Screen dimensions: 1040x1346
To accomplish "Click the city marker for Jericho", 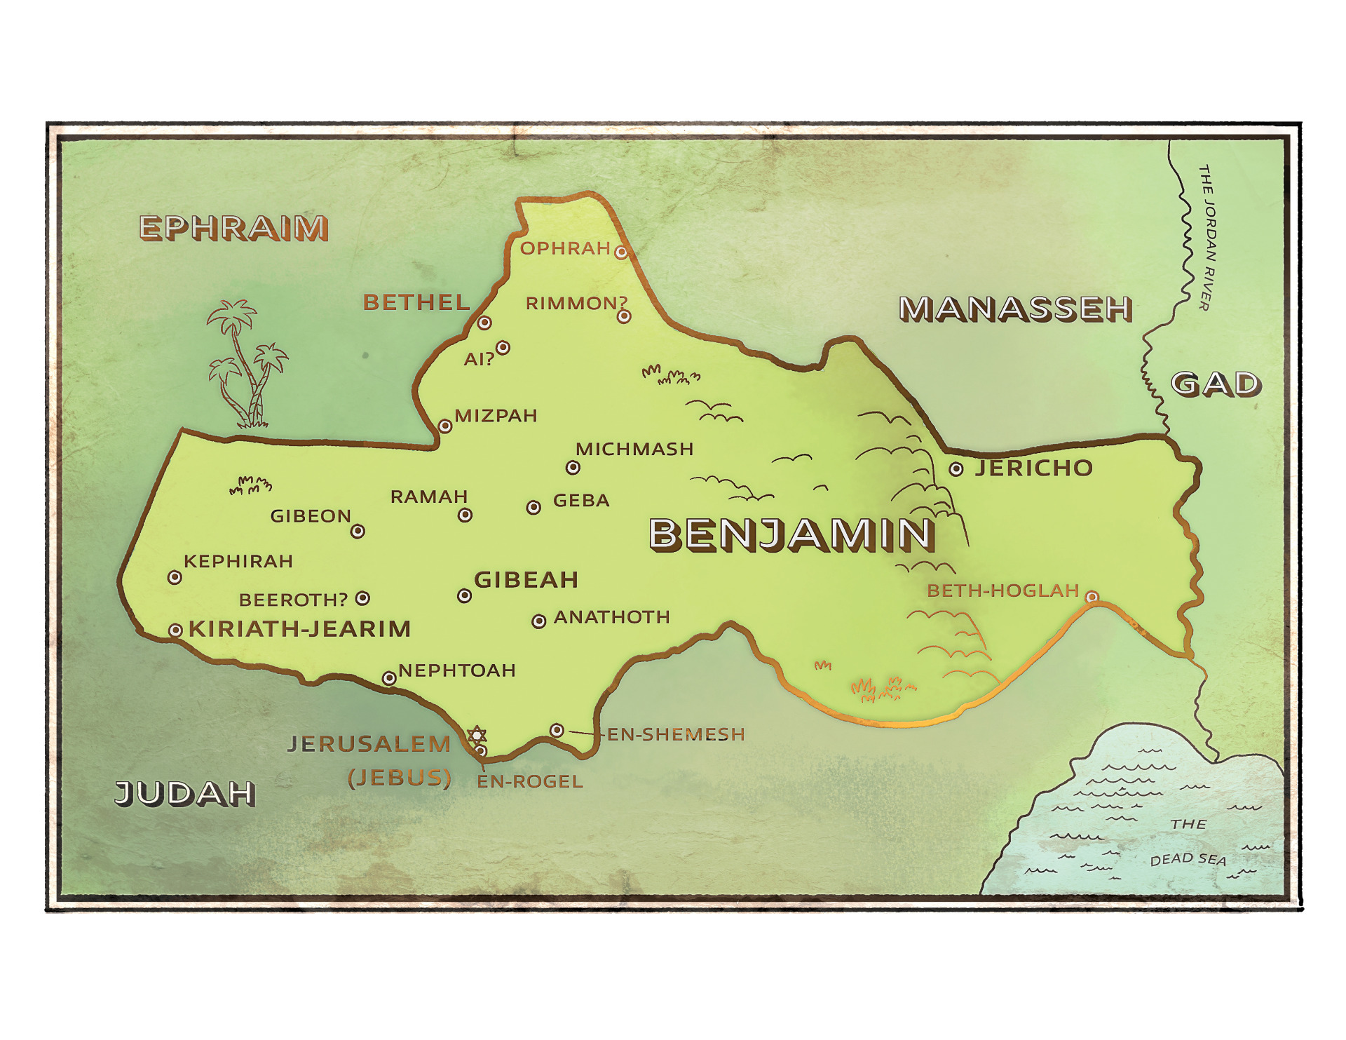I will coord(956,469).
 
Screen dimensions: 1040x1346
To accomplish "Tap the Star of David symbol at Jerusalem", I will coord(477,735).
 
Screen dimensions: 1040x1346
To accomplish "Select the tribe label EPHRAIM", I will coord(233,228).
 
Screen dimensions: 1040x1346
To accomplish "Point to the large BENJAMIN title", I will coord(791,534).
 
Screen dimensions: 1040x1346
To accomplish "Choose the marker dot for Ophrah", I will coord(621,252).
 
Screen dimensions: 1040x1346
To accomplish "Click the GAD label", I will coord(1216,384).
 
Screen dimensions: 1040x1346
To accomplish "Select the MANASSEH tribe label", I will coord(1015,309).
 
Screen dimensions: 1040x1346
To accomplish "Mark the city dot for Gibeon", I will coord(358,531).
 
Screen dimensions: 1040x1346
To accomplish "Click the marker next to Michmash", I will coord(573,467).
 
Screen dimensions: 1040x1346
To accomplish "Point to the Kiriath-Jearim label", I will coord(300,629).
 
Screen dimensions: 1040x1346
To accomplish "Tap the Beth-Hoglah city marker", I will coord(1092,597).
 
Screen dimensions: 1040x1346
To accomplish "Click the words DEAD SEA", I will coord(1188,859).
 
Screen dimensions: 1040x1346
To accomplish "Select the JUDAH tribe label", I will coord(185,793).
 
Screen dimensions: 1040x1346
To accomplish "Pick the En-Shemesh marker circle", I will coord(557,730).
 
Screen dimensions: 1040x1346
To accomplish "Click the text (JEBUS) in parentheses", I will coord(400,778).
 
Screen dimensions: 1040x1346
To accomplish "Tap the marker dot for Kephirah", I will coord(175,577).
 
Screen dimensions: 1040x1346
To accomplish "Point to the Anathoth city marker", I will coord(538,621).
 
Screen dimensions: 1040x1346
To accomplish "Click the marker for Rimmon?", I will coord(624,316).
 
